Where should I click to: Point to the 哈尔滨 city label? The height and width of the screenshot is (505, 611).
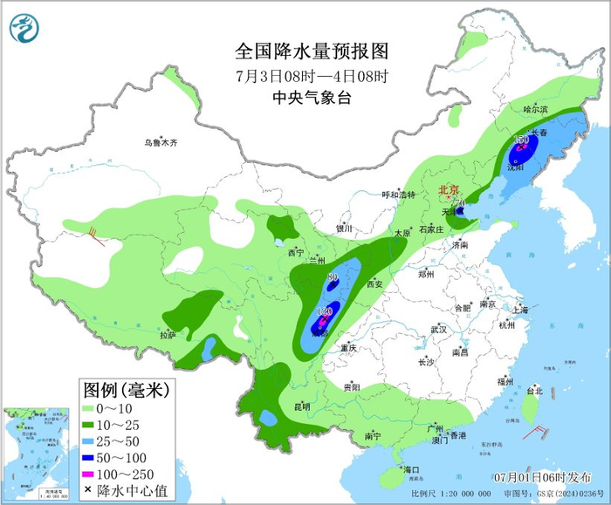535,109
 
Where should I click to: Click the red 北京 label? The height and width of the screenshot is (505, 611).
449,188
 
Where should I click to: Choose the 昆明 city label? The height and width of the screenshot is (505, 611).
302,406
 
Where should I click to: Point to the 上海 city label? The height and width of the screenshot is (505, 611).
520,310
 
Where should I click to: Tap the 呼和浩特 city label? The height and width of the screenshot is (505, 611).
401,195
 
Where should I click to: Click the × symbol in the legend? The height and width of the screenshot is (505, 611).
88,489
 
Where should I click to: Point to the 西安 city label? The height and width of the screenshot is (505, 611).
376,283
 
